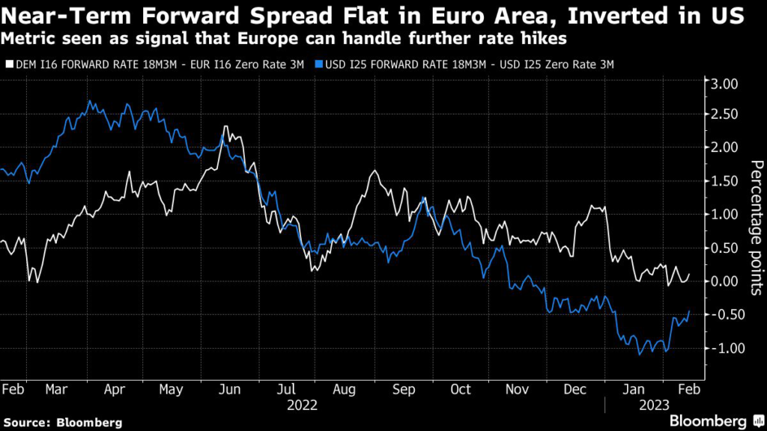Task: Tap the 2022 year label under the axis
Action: (x=303, y=406)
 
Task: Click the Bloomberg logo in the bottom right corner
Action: (x=708, y=421)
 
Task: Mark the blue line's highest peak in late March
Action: (x=90, y=101)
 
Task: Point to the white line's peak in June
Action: (x=225, y=126)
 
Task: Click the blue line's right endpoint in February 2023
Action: (x=689, y=311)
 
